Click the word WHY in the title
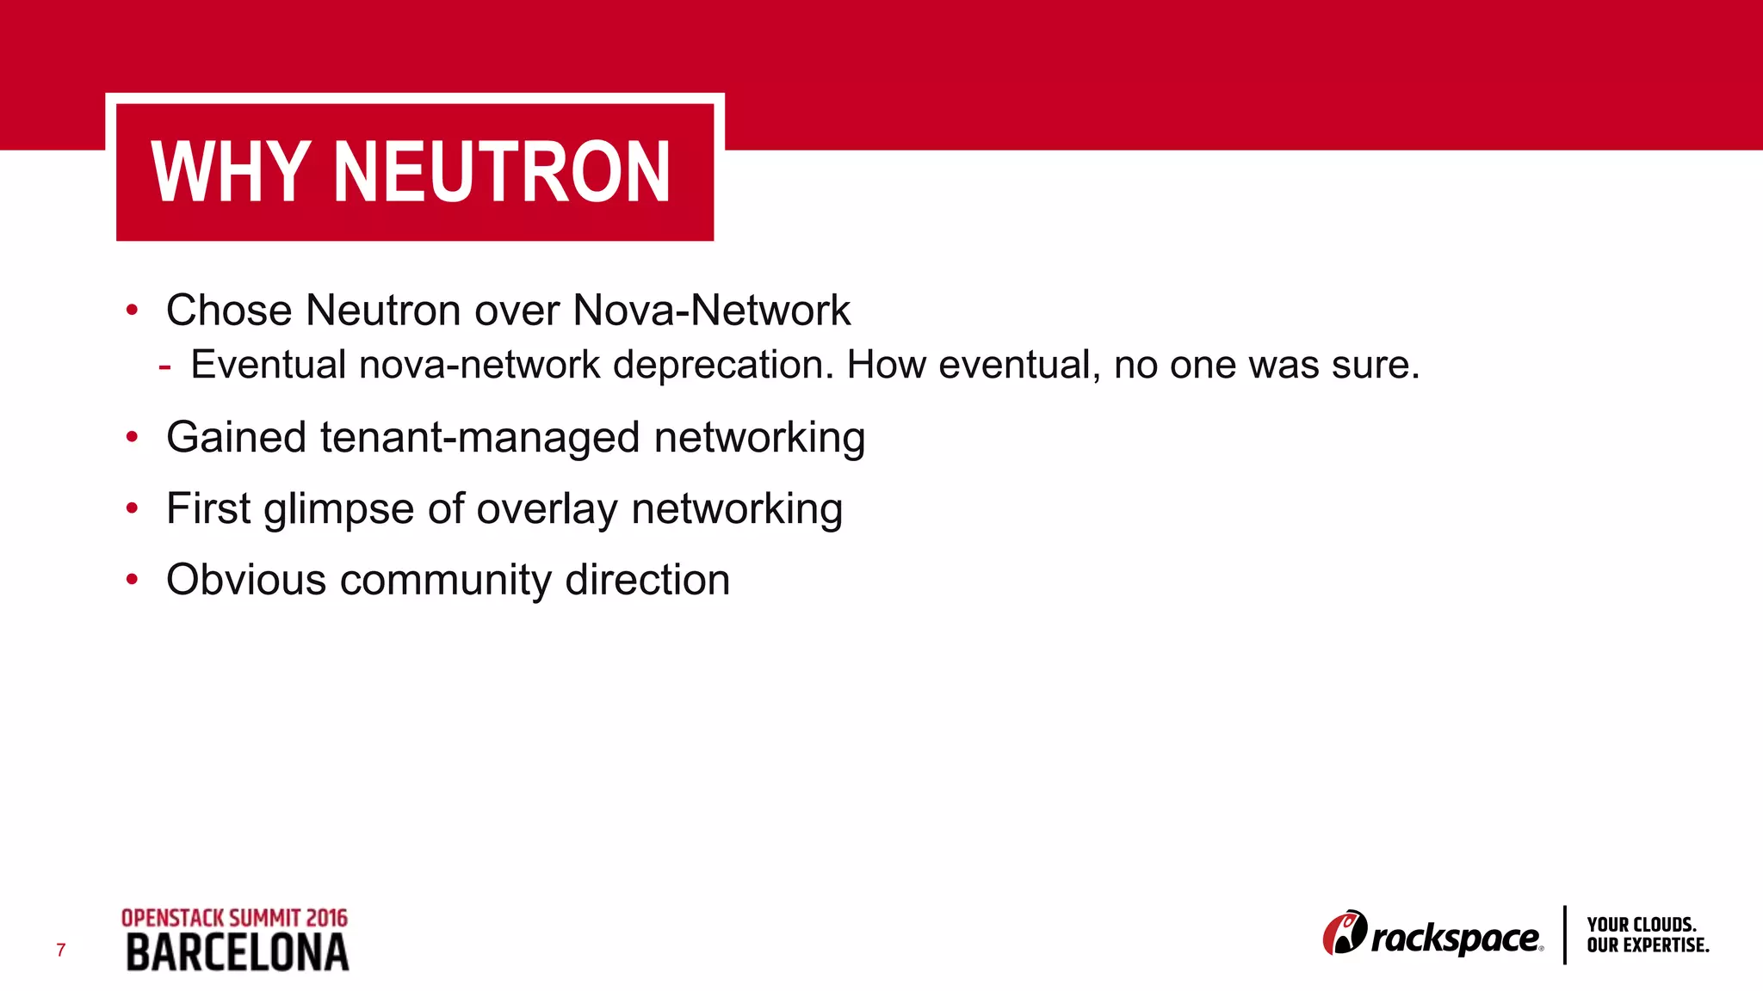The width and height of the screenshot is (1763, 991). point(230,172)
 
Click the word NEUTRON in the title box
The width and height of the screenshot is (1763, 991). point(501,172)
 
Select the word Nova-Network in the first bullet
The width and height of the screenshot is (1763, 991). point(711,310)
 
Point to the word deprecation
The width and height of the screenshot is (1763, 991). point(723,365)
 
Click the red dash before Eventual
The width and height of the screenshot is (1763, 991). point(164,366)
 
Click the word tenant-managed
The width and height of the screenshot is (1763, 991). point(480,437)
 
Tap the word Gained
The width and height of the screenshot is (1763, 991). point(236,437)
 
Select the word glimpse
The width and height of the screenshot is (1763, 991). point(338,509)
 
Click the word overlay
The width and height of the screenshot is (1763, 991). point(547,509)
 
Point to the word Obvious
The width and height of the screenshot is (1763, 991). point(246,580)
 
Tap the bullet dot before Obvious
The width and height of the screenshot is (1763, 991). point(132,580)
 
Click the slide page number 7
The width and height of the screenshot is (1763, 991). point(61,950)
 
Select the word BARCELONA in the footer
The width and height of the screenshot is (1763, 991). point(238,953)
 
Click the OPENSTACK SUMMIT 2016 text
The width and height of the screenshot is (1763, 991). point(234,918)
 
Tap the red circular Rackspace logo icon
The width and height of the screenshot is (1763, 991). point(1344,933)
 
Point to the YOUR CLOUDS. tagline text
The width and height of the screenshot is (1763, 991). point(1641,925)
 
